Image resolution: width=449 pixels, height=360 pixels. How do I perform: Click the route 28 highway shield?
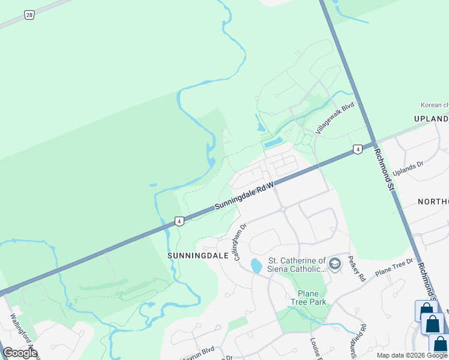[x=28, y=15]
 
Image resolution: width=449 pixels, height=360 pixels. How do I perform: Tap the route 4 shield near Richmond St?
[x=357, y=149]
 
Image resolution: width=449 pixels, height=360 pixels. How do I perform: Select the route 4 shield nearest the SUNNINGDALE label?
[x=179, y=221]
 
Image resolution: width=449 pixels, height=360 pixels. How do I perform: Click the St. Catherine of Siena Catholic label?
[x=297, y=265]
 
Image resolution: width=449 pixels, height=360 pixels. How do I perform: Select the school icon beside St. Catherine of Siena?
[x=335, y=263]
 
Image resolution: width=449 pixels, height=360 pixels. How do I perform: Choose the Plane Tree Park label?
[x=309, y=298]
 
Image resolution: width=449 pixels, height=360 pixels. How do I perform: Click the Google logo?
[x=20, y=353]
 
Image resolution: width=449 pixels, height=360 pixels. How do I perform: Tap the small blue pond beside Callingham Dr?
[x=256, y=266]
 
